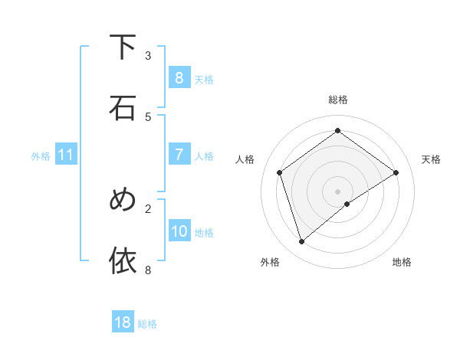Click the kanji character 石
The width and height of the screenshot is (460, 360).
123,108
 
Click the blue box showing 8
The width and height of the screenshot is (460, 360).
179,77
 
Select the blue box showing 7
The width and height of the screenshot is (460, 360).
179,155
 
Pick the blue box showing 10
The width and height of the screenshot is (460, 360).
179,231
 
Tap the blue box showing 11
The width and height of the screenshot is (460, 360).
66,155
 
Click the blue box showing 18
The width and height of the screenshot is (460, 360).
123,322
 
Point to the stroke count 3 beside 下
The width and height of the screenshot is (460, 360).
148,55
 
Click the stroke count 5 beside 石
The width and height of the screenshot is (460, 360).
148,116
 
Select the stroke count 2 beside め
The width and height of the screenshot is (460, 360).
148,208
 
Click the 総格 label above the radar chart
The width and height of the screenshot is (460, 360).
337,100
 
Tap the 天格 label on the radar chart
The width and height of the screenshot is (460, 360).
431,159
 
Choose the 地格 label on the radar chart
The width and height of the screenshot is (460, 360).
402,262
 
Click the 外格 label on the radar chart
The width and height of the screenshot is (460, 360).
270,262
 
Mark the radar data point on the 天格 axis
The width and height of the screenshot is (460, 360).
396,172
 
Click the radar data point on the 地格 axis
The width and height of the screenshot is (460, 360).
347,204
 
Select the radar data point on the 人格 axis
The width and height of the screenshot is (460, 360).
280,172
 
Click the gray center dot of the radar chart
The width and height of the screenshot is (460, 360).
337,191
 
